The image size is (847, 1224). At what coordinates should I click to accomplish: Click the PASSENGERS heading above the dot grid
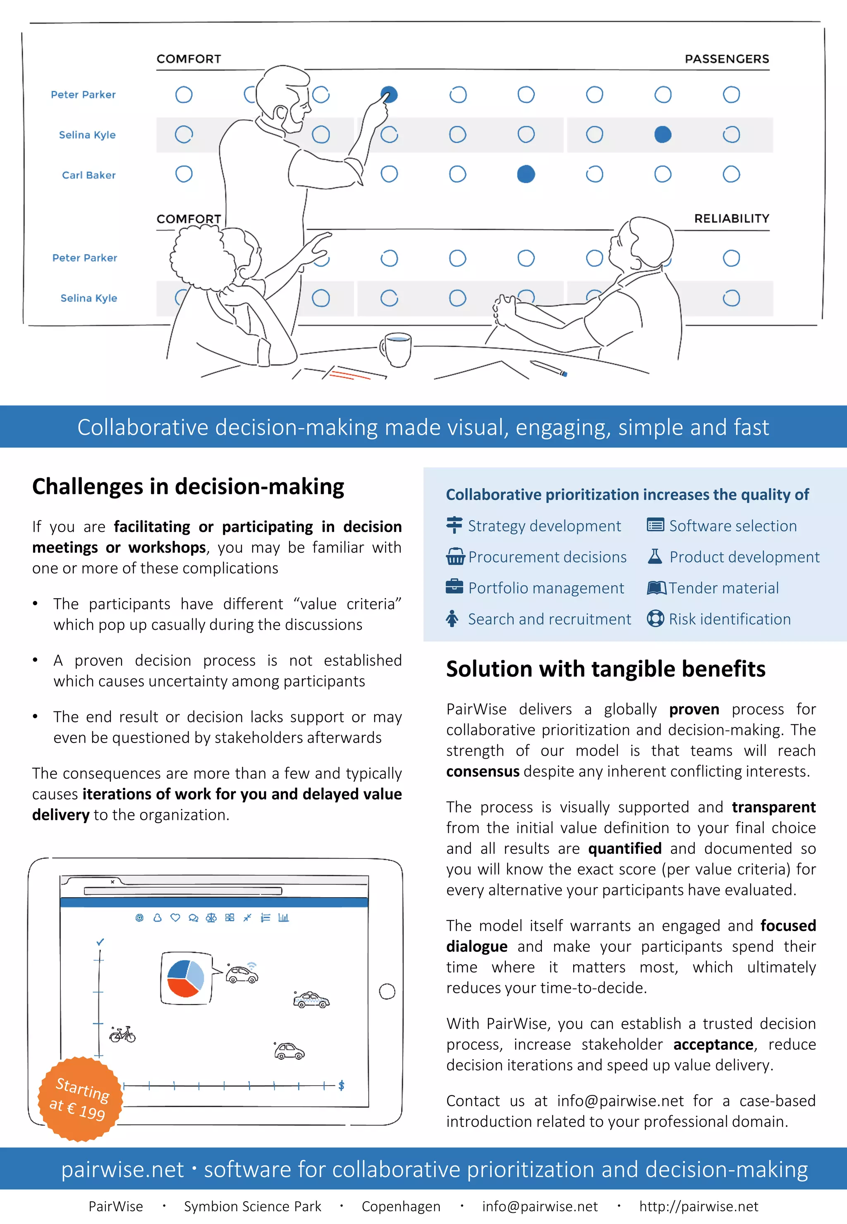click(x=727, y=59)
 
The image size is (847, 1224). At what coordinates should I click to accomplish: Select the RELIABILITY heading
click(x=731, y=219)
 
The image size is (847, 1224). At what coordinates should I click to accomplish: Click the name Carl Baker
click(x=89, y=175)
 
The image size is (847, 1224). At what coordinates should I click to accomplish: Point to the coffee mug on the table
click(x=397, y=349)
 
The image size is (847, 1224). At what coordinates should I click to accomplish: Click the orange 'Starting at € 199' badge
click(x=80, y=1098)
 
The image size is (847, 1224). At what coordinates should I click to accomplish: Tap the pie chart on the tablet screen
click(x=185, y=978)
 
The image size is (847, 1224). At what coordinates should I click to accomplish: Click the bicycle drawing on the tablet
click(x=122, y=1034)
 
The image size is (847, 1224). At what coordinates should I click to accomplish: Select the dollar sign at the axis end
click(x=341, y=1085)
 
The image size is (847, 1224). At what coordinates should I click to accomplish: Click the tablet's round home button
click(x=387, y=992)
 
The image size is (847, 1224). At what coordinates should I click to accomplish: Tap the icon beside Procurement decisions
click(x=455, y=557)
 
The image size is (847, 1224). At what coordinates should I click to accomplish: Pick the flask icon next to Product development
click(x=655, y=556)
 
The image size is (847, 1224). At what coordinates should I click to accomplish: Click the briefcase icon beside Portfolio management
click(x=454, y=587)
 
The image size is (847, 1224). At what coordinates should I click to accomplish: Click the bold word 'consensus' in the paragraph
click(x=482, y=771)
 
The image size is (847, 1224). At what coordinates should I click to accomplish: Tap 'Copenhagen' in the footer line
click(x=401, y=1207)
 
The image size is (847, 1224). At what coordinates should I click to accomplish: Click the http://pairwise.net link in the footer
click(x=699, y=1207)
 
